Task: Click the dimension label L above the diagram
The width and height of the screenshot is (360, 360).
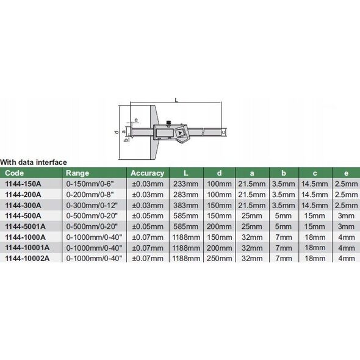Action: [176, 100]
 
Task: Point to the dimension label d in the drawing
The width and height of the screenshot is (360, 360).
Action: [117, 132]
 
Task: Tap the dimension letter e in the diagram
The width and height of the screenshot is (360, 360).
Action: [136, 120]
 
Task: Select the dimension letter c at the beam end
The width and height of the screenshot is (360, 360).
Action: [224, 132]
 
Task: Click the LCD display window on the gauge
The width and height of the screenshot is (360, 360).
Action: [165, 133]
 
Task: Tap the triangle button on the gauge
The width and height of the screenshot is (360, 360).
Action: [180, 133]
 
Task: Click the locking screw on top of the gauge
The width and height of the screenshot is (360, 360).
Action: [168, 123]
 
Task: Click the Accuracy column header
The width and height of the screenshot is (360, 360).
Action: [148, 173]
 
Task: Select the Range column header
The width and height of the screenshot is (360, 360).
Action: [77, 173]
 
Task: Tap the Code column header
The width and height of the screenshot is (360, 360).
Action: [14, 173]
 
